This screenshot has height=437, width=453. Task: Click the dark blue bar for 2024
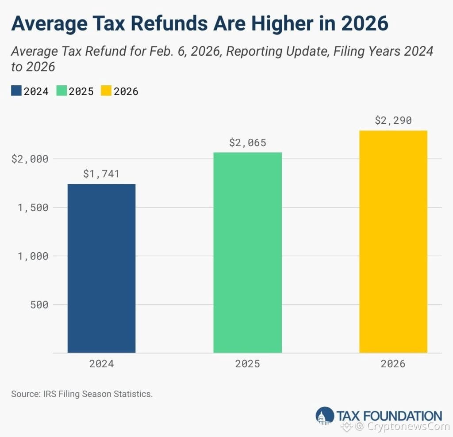101,268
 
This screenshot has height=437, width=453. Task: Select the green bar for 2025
247,252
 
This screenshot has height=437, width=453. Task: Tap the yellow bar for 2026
393,241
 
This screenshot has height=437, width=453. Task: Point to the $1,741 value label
101,174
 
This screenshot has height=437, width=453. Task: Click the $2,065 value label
247,143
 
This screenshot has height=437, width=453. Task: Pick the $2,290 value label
393,121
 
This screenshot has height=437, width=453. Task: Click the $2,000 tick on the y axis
30,159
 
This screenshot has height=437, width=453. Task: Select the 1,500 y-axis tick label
33,208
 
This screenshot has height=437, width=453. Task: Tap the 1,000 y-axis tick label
33,256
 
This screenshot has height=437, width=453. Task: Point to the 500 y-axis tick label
39,305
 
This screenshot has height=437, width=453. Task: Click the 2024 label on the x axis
101,364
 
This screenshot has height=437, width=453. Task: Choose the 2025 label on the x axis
247,364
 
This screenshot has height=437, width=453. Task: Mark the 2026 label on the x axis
393,364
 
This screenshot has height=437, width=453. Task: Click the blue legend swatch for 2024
16,91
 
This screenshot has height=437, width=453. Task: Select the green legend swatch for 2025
61,91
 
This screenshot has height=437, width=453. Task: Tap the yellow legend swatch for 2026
106,91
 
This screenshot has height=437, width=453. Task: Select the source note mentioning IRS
82,394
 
